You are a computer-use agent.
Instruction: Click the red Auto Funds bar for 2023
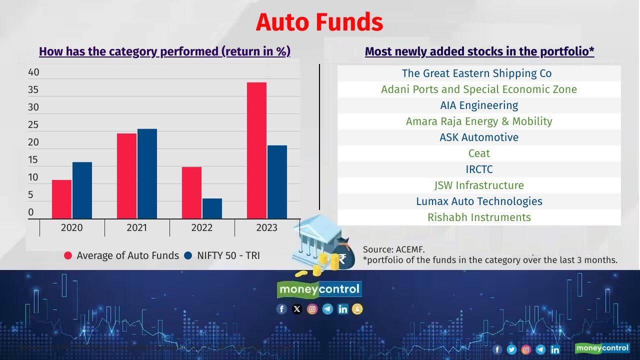(x=256, y=150)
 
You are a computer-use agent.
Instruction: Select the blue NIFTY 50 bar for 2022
(x=212, y=208)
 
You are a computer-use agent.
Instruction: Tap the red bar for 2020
(x=62, y=199)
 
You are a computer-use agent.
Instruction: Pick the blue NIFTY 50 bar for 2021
(x=147, y=173)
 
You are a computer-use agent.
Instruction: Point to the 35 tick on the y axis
(x=33, y=90)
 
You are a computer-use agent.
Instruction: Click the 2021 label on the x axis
(x=136, y=227)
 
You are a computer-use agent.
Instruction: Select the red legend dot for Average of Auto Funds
(x=68, y=255)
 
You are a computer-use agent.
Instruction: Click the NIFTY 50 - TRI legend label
(x=228, y=255)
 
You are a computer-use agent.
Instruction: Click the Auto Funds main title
(x=319, y=22)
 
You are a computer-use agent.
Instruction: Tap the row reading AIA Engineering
(x=479, y=105)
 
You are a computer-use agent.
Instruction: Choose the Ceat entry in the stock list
(x=479, y=153)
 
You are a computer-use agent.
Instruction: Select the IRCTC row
(x=479, y=169)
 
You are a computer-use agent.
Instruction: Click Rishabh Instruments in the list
(x=479, y=217)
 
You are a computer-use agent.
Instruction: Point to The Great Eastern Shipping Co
(x=476, y=73)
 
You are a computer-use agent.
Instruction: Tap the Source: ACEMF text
(x=394, y=249)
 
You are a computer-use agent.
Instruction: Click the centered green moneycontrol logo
(x=319, y=289)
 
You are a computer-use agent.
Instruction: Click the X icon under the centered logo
(x=297, y=309)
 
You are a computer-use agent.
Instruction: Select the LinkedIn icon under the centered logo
(x=342, y=309)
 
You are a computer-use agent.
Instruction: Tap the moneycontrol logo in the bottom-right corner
(x=601, y=348)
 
